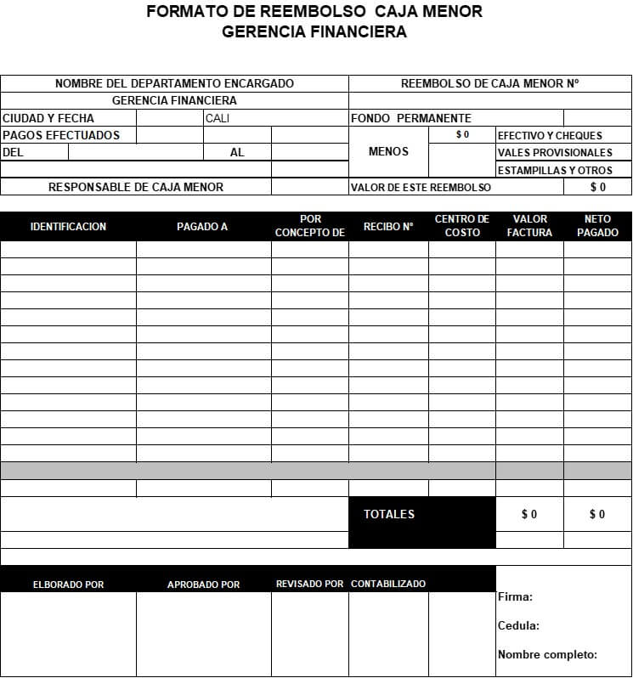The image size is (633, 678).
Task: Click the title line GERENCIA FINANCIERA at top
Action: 314,32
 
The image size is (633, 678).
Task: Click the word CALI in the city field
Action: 218,118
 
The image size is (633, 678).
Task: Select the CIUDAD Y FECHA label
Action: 48,118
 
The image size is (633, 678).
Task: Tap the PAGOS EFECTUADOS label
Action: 61,135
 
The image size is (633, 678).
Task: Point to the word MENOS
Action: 388,152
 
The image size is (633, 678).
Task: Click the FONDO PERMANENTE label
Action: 410,118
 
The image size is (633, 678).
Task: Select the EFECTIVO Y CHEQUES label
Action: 550,135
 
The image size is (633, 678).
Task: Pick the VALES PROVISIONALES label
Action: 555,153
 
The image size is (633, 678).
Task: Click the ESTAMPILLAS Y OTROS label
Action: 555,171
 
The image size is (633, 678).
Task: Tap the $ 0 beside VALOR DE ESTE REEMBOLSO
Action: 598,187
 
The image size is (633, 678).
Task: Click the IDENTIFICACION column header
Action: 68,227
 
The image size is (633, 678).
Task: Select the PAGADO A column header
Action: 202,227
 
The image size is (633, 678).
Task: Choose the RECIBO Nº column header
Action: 387,227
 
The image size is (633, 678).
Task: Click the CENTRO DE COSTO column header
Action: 462,226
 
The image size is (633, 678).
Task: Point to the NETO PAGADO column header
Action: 597,226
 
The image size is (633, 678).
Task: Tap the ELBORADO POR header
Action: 68,585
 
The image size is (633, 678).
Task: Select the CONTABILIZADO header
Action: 388,584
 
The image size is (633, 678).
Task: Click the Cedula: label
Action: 518,626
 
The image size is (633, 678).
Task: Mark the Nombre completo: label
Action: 547,655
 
